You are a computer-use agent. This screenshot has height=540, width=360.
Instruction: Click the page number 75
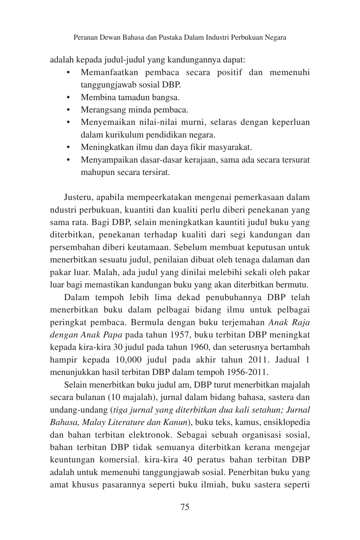pyautogui.click(x=184, y=507)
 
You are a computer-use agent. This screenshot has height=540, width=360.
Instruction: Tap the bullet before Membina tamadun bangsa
pyautogui.click(x=68, y=98)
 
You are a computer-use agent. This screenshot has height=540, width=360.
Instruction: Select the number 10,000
pyautogui.click(x=130, y=360)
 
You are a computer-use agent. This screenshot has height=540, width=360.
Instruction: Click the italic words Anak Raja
pyautogui.click(x=289, y=322)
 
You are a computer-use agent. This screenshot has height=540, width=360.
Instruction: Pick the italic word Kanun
pyautogui.click(x=179, y=422)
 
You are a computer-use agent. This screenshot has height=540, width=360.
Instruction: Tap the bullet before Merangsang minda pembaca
pyautogui.click(x=68, y=110)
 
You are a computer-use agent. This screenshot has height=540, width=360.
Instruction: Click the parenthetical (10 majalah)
pyautogui.click(x=130, y=397)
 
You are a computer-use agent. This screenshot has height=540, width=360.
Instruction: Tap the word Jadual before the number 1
pyautogui.click(x=287, y=360)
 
